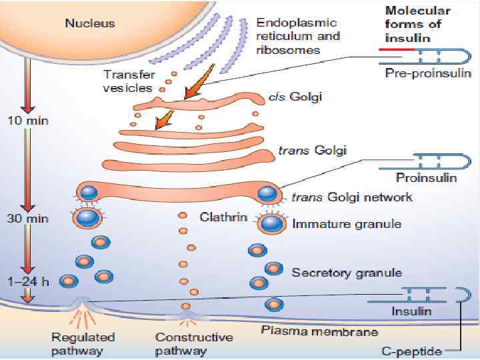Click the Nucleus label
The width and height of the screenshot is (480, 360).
pos(89,23)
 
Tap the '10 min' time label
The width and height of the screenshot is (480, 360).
pos(25,121)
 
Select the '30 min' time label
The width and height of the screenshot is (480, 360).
pos(25,217)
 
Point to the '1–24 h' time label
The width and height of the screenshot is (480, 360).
pos(25,281)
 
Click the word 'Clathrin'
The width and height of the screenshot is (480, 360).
pos(223,217)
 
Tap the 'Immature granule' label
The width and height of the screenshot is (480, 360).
pos(347,224)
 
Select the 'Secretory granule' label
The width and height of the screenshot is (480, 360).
pos(347,272)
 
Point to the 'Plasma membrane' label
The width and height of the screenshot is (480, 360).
pos(319,331)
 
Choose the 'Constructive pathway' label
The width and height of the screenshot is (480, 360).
pos(194,344)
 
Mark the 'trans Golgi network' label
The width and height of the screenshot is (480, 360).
pos(352,197)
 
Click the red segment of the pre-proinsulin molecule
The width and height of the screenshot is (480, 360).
pos(397,50)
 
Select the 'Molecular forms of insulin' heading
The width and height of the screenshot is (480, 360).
pos(418,25)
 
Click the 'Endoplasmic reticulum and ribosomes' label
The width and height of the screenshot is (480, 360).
pos(298,36)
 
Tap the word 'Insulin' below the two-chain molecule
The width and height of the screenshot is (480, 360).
pos(411,311)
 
